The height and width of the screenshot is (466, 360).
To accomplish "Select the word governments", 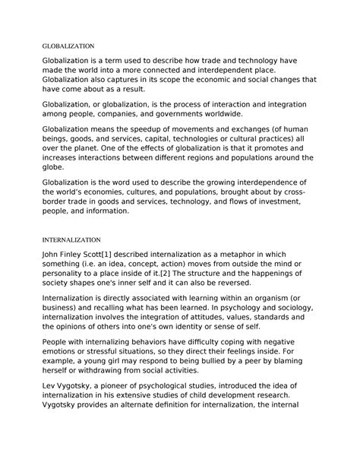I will [194, 118].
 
